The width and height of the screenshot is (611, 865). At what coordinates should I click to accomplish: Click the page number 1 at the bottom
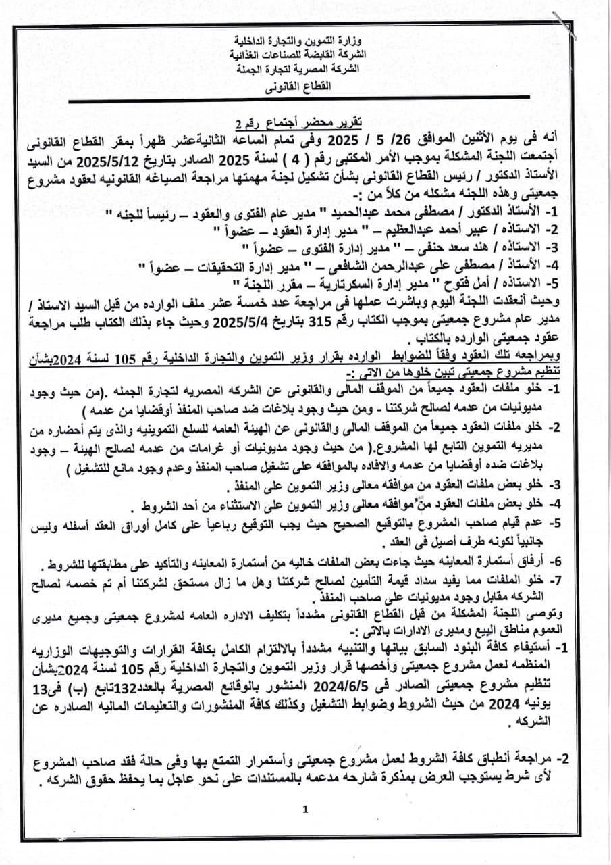pos(305,809)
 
